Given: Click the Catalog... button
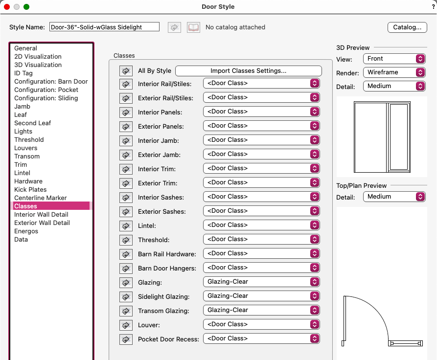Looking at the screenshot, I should [407, 27].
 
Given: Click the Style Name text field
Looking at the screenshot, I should [104, 27].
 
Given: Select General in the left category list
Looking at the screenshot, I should [25, 48].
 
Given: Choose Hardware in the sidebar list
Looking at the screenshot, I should [28, 181].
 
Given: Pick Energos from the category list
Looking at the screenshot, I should [26, 231].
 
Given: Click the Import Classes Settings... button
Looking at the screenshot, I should [248, 71].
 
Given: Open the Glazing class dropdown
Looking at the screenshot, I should [261, 282].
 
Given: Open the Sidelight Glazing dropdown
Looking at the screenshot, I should [261, 296].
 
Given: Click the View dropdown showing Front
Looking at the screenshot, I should [394, 59].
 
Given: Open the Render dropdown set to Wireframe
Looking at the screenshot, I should [394, 72].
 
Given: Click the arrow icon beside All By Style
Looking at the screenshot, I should [126, 71].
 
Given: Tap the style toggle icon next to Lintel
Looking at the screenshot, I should [126, 226].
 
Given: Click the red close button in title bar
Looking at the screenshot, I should [7, 7].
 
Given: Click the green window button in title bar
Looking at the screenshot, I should [26, 7].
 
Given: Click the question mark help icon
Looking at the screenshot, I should [433, 7].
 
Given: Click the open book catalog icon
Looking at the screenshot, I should [194, 27].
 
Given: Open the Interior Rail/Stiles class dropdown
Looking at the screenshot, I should [261, 84].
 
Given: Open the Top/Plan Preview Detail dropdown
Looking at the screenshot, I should [394, 197].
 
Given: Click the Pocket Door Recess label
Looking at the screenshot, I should [168, 339].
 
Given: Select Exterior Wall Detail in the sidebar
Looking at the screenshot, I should [42, 223].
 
